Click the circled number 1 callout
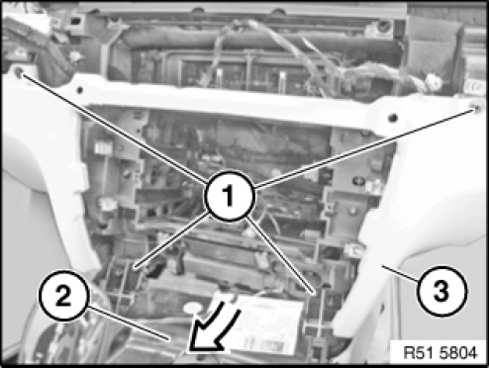[x=230, y=196]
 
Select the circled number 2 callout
[x=64, y=295]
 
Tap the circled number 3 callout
[x=441, y=291]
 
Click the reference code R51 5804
[x=440, y=352]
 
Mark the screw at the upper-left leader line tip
[x=19, y=72]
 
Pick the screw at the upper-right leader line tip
[x=476, y=107]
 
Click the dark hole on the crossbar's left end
[x=79, y=89]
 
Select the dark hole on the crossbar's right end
[x=392, y=117]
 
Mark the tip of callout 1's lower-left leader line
[x=135, y=267]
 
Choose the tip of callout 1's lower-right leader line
[x=314, y=293]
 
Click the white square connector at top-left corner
[x=75, y=22]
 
